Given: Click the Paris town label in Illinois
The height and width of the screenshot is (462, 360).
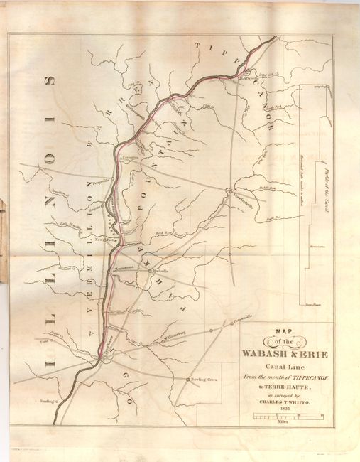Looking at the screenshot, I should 36,340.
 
